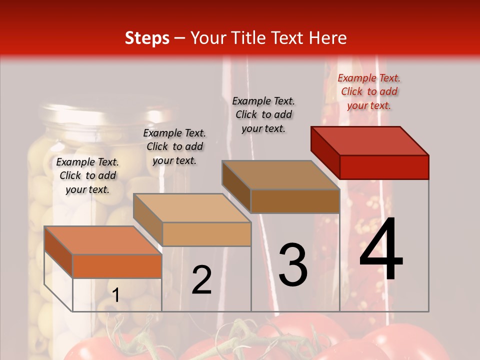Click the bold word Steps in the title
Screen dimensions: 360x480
point(147,38)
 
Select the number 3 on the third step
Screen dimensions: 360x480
point(293,264)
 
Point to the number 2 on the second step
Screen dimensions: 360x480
point(201,280)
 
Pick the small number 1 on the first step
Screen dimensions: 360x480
point(115,295)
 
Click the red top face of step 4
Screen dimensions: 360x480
point(370,140)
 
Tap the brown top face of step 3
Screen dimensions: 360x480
point(280,174)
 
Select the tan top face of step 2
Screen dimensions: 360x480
point(192,208)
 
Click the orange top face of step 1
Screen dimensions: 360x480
point(103,240)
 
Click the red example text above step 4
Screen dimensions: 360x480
point(369,91)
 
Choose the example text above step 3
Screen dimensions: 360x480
point(263,114)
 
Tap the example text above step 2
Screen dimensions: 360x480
point(174,146)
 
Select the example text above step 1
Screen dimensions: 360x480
point(87,175)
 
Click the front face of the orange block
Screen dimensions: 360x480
point(117,266)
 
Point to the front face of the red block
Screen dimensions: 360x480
point(384,167)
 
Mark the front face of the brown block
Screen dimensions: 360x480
point(295,201)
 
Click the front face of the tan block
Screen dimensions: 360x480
point(206,234)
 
